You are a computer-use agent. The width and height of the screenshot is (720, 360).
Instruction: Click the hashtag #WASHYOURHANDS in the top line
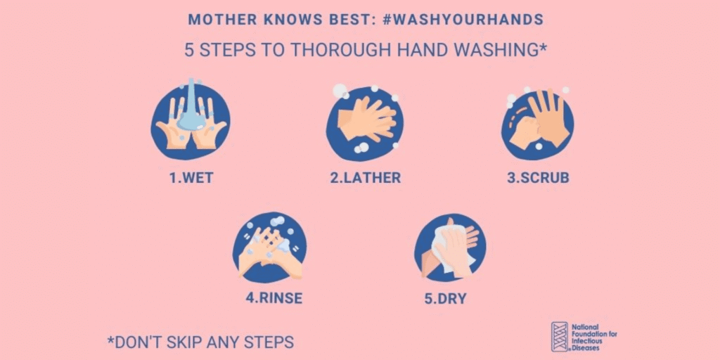463,20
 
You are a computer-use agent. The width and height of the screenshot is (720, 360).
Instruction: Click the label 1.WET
191,178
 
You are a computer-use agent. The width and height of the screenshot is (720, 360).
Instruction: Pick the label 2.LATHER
366,178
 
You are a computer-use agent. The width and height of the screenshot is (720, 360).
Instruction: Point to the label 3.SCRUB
538,178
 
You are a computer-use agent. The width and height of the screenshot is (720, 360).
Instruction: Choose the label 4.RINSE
274,298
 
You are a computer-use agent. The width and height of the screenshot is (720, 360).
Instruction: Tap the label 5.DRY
445,298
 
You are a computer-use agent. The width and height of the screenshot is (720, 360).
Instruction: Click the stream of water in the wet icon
190,105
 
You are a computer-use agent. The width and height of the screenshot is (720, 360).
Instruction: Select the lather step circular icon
365,124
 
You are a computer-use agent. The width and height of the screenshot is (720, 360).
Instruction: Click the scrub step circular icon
537,124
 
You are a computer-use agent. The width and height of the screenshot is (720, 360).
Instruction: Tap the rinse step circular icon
270,247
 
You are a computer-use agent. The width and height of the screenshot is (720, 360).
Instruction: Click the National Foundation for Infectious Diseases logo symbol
559,337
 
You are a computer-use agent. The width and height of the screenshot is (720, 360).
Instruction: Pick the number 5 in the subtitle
188,51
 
